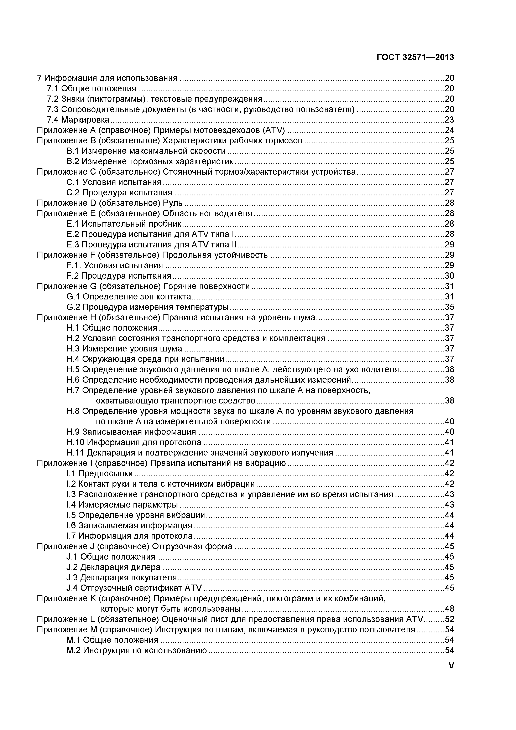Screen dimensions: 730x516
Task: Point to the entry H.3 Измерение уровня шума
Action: pyautogui.click(x=124, y=349)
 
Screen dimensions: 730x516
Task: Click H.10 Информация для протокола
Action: pyautogui.click(x=134, y=442)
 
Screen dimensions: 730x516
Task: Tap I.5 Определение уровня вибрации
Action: pyautogui.click(x=136, y=515)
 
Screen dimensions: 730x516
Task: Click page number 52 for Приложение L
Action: pyautogui.click(x=449, y=619)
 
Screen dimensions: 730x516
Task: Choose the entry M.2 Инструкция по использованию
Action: pyautogui.click(x=137, y=650)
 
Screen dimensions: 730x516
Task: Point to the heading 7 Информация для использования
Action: pyautogui.click(x=107, y=78)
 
